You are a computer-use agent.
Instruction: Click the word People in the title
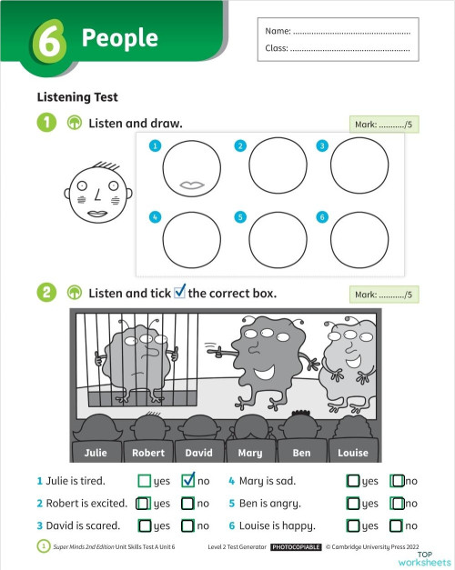119,38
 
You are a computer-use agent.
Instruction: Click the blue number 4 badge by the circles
156,217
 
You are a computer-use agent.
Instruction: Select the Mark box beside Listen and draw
384,125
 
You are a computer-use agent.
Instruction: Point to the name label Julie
96,452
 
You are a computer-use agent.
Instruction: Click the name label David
198,452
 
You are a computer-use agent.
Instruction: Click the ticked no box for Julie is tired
189,480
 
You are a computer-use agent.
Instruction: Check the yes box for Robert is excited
144,503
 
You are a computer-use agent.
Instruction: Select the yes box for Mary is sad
353,480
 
